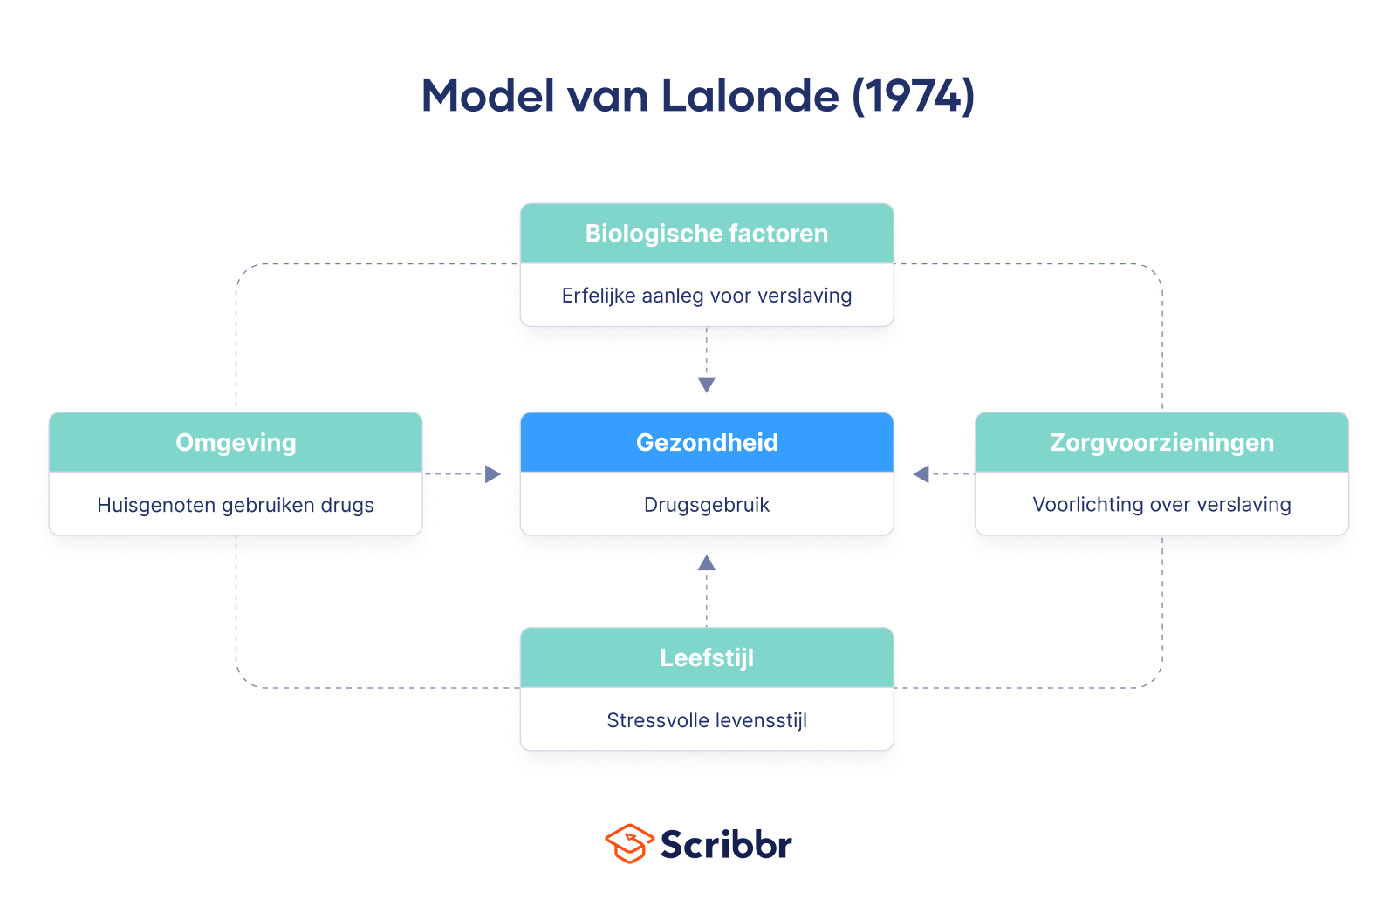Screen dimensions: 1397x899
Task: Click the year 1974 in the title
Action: click(913, 97)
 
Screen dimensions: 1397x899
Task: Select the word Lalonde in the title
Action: click(750, 97)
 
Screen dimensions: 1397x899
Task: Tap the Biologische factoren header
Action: click(707, 233)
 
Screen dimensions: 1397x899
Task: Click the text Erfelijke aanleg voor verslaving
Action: click(707, 296)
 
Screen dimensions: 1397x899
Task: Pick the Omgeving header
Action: click(236, 442)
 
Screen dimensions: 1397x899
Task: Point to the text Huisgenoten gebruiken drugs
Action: click(236, 504)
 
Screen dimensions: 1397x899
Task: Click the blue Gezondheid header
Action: click(707, 442)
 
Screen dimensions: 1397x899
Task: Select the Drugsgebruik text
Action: click(707, 504)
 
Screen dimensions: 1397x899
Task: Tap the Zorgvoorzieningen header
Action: click(1162, 442)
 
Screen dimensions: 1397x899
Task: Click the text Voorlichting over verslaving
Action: click(1162, 504)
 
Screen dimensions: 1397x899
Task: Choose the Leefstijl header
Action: click(707, 657)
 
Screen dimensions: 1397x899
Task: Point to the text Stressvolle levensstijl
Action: click(707, 720)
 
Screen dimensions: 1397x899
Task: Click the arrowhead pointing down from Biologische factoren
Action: click(707, 385)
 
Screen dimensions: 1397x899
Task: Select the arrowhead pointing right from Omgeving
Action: click(493, 474)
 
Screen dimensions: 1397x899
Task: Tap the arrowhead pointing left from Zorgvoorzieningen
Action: click(921, 474)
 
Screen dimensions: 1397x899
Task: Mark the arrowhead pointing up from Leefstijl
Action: click(707, 563)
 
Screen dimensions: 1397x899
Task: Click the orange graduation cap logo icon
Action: click(629, 843)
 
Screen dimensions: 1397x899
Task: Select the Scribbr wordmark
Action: click(726, 844)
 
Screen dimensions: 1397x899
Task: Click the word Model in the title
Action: click(488, 97)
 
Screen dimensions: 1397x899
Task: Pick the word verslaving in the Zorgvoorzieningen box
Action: click(1236, 504)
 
